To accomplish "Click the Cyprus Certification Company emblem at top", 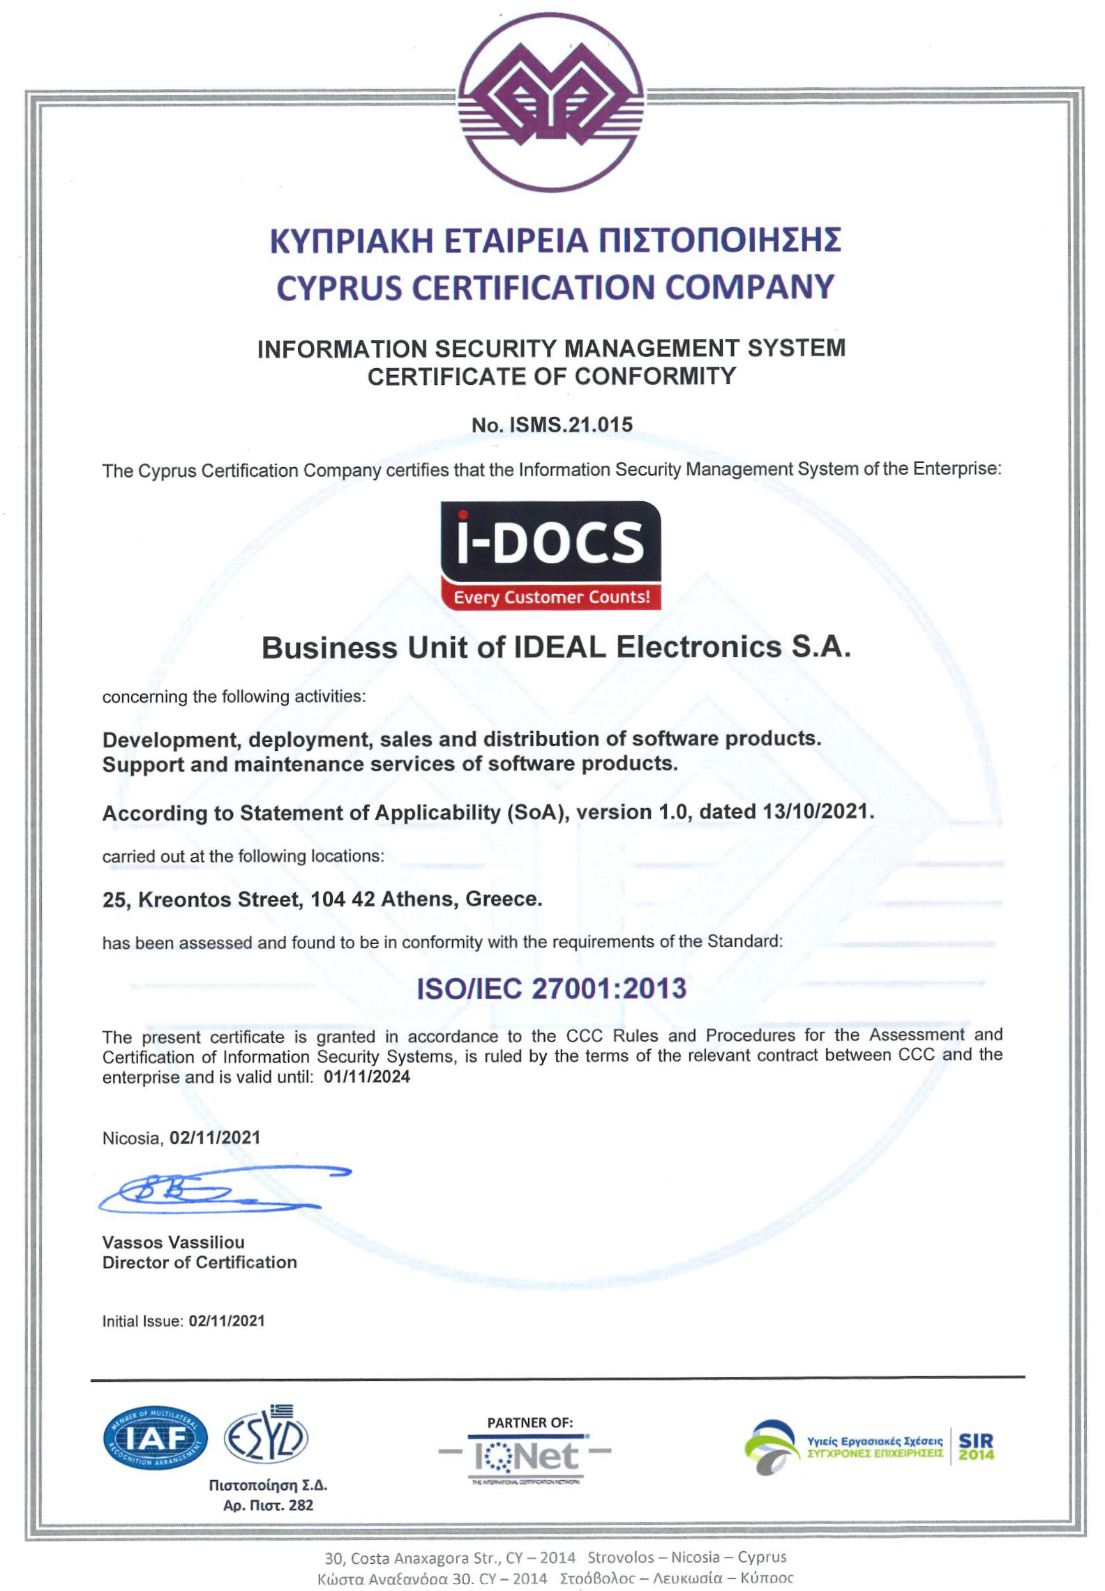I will tap(550, 102).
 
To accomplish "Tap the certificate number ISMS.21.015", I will tap(570, 425).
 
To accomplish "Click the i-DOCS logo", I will tap(550, 542).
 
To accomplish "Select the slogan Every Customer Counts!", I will tap(551, 597).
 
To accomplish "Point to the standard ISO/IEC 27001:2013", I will tap(551, 989).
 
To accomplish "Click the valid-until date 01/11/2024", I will tap(367, 1077).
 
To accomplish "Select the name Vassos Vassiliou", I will tap(174, 1242).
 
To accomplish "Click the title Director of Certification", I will tap(200, 1263).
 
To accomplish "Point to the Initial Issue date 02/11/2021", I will tap(227, 1321).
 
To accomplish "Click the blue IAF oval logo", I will tap(155, 1438).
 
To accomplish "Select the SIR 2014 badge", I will tap(976, 1447).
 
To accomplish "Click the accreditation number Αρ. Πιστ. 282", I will tap(268, 1505).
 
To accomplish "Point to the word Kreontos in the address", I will tap(184, 900).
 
